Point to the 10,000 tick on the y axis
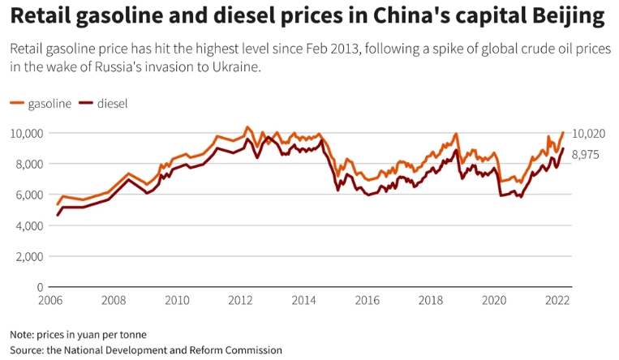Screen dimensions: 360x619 pos(27,133)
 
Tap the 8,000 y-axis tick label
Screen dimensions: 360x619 pos(29,164)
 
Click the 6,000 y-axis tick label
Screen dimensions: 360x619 pos(29,195)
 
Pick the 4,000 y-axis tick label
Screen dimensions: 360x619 pos(29,225)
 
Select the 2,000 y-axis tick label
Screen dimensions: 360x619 pos(29,256)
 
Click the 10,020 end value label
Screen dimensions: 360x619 pos(588,134)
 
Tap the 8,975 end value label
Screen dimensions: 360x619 pos(586,154)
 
